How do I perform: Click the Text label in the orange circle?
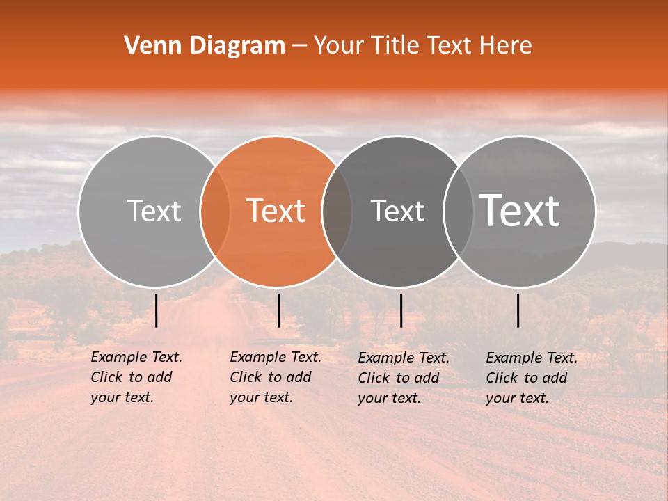pyautogui.click(x=276, y=211)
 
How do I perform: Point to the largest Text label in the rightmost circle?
pyautogui.click(x=520, y=210)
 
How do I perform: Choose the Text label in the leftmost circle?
pyautogui.click(x=154, y=211)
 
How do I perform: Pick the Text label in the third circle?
pyautogui.click(x=397, y=211)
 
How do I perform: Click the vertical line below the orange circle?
pyautogui.click(x=278, y=310)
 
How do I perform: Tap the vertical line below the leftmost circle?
pyautogui.click(x=157, y=310)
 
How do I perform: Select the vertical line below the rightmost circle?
pyautogui.click(x=518, y=310)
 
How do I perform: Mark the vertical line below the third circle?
pyautogui.click(x=401, y=310)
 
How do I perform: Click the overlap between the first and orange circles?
pyautogui.click(x=215, y=211)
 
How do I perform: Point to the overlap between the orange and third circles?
pyautogui.click(x=337, y=211)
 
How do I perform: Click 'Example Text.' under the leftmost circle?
pyautogui.click(x=136, y=357)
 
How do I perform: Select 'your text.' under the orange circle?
pyautogui.click(x=262, y=397)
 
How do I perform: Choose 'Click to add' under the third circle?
pyautogui.click(x=399, y=378)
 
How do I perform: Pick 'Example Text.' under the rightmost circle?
pyautogui.click(x=532, y=358)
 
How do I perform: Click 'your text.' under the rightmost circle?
pyautogui.click(x=518, y=398)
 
